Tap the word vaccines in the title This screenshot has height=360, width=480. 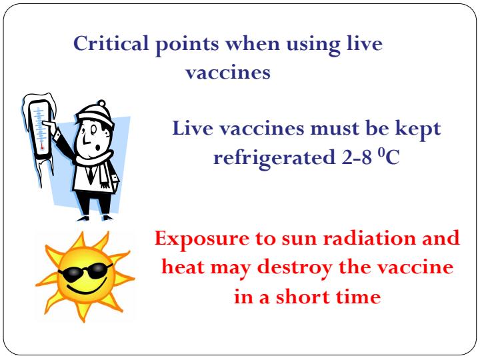(227, 73)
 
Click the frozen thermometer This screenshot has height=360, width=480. (38, 133)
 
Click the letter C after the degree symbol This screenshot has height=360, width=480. (392, 159)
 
